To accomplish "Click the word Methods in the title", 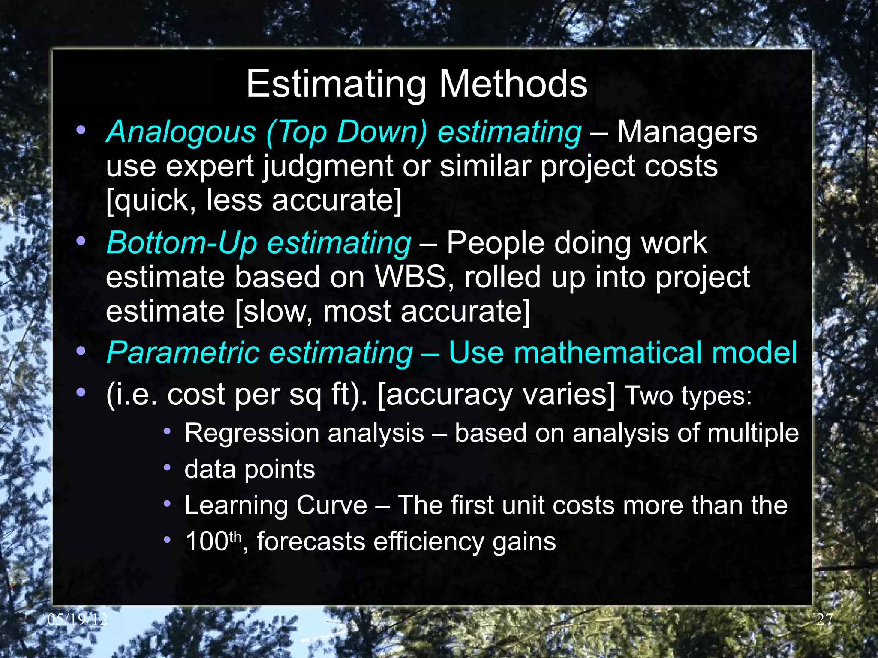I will [513, 84].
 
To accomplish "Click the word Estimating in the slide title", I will [336, 85].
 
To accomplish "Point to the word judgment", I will [328, 167].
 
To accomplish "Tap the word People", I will [495, 243].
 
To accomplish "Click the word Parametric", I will [183, 353].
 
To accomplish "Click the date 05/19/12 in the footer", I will [77, 619].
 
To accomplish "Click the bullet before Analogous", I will [81, 130].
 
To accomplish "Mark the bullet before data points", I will [167, 467].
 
